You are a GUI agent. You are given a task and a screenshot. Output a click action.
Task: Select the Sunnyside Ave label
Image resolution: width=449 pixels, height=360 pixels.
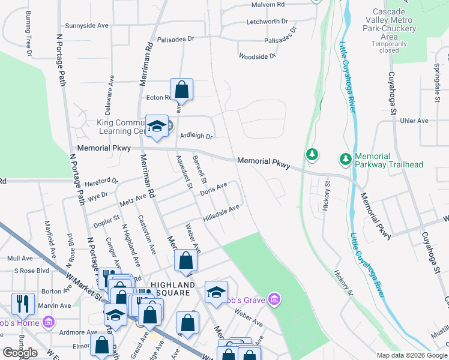point(86,26)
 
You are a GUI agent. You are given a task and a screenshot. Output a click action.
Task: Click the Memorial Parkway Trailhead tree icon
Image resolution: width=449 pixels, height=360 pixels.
point(345,160)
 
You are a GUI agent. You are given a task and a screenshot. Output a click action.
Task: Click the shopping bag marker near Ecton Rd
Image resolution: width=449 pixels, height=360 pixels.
point(181,90)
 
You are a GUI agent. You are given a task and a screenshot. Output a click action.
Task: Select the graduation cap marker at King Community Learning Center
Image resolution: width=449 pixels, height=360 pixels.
point(157,126)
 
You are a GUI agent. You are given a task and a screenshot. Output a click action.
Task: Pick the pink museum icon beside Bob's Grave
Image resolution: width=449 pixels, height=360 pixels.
point(274,299)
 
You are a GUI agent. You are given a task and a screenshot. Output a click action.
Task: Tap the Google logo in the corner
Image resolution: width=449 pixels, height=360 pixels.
point(20,353)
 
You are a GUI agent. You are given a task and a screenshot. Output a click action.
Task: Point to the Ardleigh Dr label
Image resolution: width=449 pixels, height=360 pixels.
point(196,136)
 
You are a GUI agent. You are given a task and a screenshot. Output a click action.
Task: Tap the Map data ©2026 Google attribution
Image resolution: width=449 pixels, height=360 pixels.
point(411,355)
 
